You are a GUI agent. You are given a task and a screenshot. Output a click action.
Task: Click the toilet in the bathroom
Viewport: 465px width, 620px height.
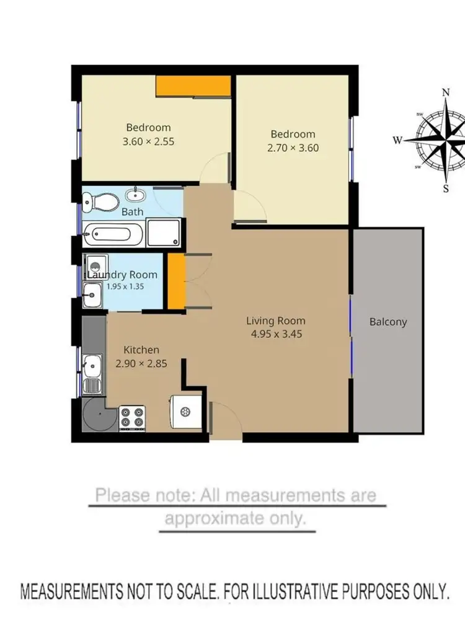click(x=99, y=200)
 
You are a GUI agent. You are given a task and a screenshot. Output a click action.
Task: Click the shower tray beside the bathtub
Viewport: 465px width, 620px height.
click(x=164, y=233)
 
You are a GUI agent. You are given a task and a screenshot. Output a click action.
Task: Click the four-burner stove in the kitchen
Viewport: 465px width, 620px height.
click(x=131, y=417)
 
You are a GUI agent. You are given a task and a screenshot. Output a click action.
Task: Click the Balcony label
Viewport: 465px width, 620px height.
click(x=388, y=322)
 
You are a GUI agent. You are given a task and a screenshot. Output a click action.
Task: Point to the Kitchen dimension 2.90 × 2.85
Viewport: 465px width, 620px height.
click(x=141, y=364)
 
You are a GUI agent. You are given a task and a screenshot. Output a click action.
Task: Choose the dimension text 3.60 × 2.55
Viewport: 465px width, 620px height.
click(x=148, y=141)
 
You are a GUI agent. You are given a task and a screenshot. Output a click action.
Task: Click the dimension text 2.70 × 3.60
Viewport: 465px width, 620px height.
click(x=293, y=148)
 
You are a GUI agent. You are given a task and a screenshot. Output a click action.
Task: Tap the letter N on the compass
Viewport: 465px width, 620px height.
click(x=445, y=92)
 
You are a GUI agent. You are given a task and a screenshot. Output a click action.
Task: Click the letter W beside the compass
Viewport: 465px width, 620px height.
click(x=397, y=139)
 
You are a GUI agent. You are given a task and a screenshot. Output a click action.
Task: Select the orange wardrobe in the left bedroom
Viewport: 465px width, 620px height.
click(x=193, y=86)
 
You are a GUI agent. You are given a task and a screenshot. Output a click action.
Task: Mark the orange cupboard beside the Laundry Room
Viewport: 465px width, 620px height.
click(x=177, y=281)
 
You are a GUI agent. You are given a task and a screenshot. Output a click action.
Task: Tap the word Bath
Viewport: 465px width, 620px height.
click(x=132, y=211)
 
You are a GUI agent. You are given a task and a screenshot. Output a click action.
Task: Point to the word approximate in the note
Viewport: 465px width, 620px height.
click(x=234, y=518)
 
